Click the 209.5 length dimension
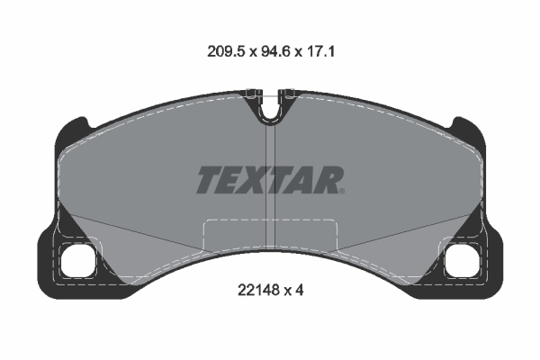pos(226,51)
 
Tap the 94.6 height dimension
pos(275,51)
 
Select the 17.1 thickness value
pos(320,51)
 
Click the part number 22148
pos(258,291)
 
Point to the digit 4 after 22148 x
pos(300,291)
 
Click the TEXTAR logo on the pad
pos(270,180)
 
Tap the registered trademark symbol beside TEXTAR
pos(342,191)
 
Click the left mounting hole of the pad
pos(77,260)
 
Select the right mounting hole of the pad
pos(463,260)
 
